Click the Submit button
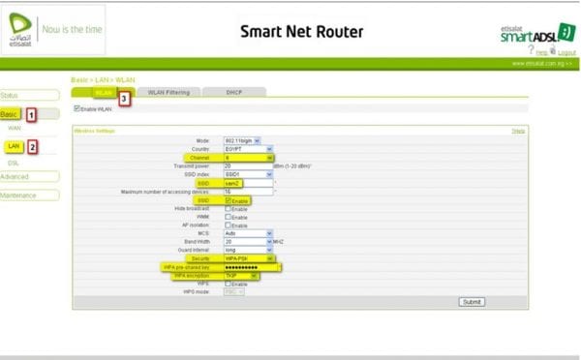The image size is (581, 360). (x=471, y=301)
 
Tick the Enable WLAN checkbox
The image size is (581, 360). (x=77, y=108)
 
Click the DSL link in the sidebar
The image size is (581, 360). (x=14, y=163)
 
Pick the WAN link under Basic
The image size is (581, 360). (x=15, y=128)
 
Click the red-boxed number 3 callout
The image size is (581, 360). (x=124, y=98)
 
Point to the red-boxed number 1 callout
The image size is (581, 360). (x=31, y=114)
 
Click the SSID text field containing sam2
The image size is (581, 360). (x=248, y=182)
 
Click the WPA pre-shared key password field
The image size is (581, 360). (x=252, y=266)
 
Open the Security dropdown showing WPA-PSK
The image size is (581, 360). (x=248, y=258)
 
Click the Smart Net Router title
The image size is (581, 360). (x=302, y=32)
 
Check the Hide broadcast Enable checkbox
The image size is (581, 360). (x=229, y=208)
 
